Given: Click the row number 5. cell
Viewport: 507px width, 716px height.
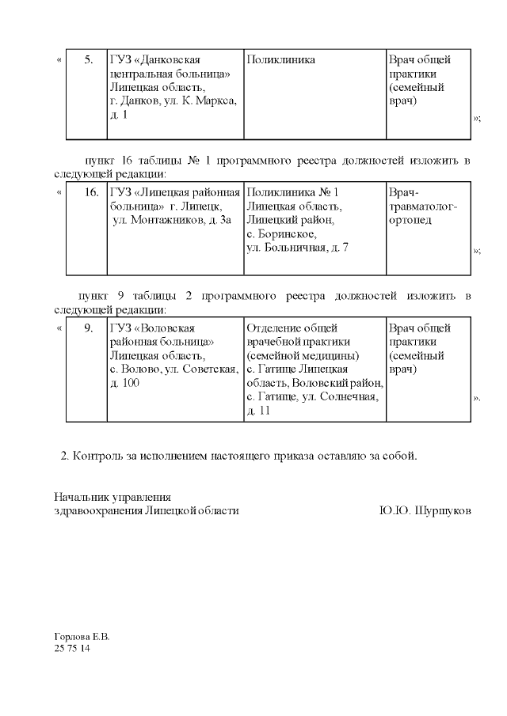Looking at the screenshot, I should pos(88,60).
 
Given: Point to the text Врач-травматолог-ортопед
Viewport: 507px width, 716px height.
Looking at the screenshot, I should pos(423,206).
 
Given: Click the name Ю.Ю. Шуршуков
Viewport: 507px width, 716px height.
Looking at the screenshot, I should pos(425,511).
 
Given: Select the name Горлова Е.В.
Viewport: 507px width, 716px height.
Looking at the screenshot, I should pos(82,636).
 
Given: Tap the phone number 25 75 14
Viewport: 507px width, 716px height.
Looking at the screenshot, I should pos(72,648).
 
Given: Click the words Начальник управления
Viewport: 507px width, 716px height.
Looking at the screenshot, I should pos(112,498).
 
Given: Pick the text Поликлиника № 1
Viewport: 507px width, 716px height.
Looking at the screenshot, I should pos(292,193).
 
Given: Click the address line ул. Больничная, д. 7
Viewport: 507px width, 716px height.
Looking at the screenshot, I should pos(297,248).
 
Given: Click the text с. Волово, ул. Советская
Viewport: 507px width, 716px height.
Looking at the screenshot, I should pos(173,369).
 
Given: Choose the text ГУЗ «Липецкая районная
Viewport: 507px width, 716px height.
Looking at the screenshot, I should pos(174,193).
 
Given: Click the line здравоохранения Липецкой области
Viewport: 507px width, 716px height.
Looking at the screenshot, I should pos(146,511).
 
